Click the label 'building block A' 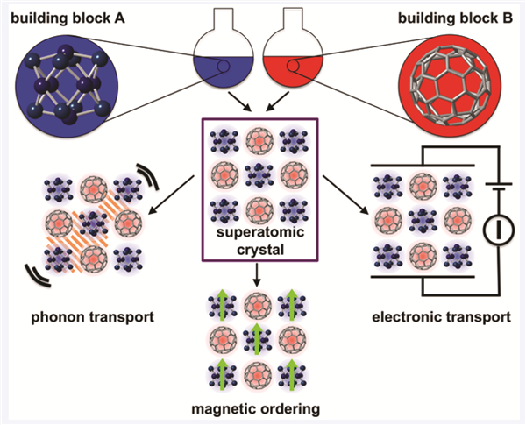pyautogui.click(x=68, y=18)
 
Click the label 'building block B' pyautogui.click(x=455, y=18)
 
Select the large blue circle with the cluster pyautogui.click(x=67, y=86)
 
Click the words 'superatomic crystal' pyautogui.click(x=260, y=241)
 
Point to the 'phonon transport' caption pyautogui.click(x=93, y=317)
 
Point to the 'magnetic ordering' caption pyautogui.click(x=256, y=408)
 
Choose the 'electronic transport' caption pyautogui.click(x=442, y=317)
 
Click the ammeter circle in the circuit pyautogui.click(x=499, y=230)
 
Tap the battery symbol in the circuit pyautogui.click(x=499, y=187)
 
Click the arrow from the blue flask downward pyautogui.click(x=239, y=102)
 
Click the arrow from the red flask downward pyautogui.click(x=277, y=102)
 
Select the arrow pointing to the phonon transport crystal pyautogui.click(x=171, y=195)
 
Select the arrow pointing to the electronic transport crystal pyautogui.click(x=345, y=195)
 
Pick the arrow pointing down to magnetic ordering pyautogui.click(x=257, y=275)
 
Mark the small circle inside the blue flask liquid pyautogui.click(x=223, y=66)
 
